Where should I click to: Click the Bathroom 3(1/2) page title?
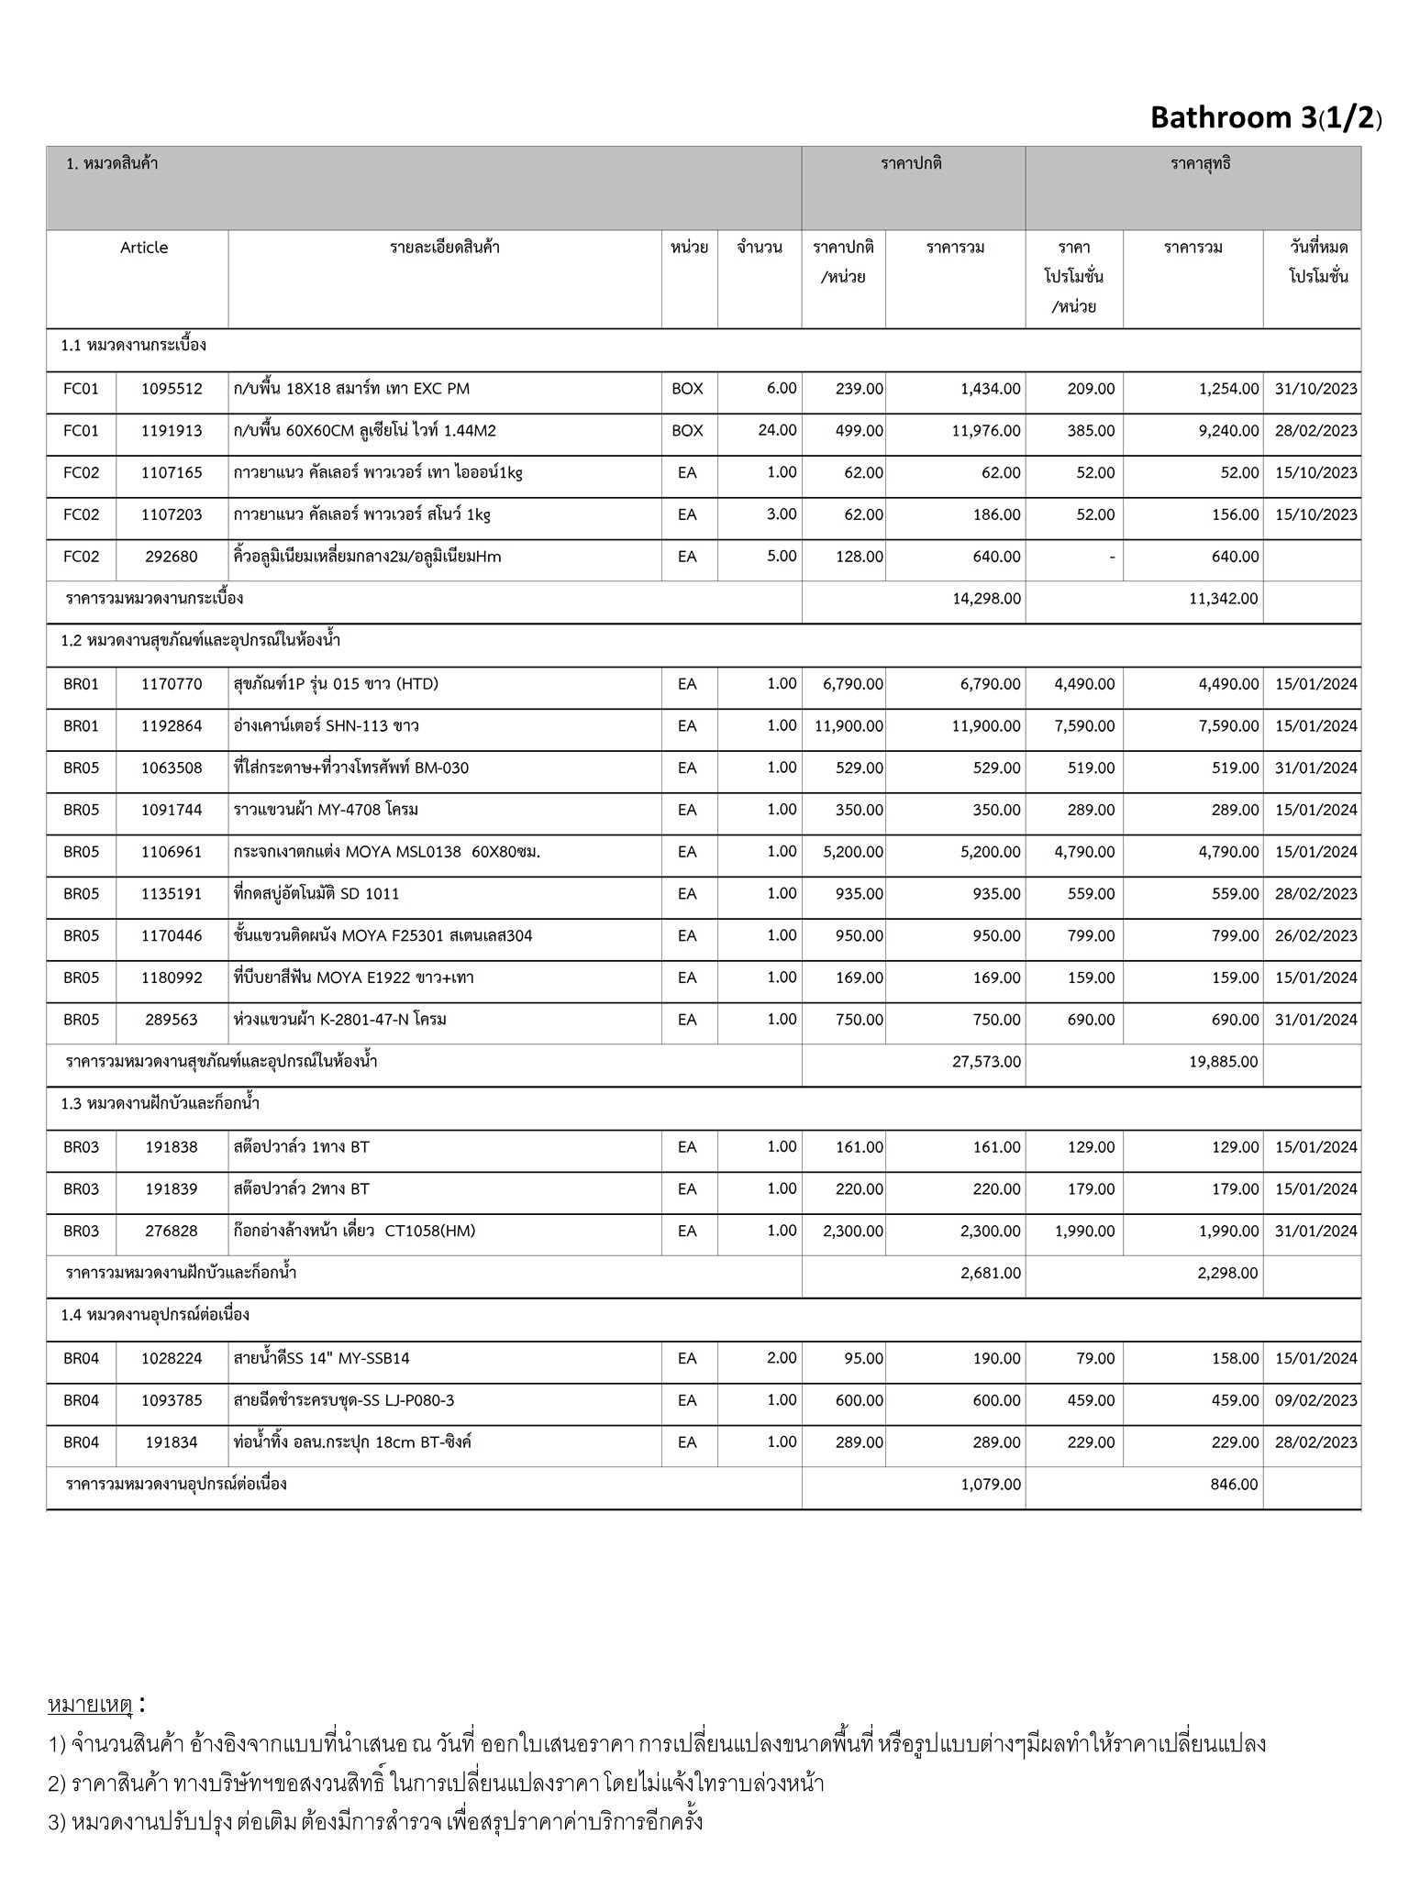1265,117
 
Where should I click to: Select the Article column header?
144,248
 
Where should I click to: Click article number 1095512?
172,389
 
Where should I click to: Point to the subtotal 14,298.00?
986,599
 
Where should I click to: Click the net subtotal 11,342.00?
1224,599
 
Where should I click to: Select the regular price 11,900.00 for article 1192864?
849,726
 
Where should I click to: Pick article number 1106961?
172,852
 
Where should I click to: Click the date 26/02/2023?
1315,936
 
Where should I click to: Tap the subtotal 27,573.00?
986,1062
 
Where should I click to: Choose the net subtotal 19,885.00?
1224,1062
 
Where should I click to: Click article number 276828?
172,1232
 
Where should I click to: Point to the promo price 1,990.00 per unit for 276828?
1084,1232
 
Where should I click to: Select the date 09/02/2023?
1315,1400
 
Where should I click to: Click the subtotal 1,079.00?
991,1485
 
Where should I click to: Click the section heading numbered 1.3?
161,1104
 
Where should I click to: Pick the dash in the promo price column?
1112,558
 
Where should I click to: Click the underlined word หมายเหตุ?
90,1705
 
